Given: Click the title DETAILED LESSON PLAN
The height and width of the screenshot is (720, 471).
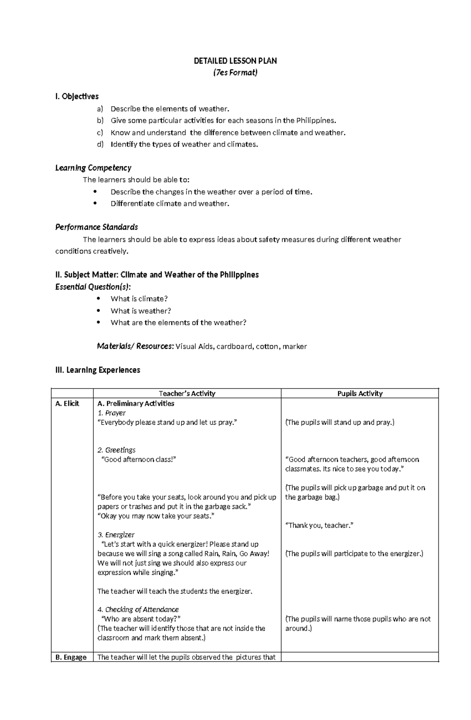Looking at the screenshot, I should [x=235, y=61].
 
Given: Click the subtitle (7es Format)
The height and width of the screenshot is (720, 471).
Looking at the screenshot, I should [x=235, y=73].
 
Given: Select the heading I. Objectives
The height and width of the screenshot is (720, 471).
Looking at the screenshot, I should [x=77, y=97].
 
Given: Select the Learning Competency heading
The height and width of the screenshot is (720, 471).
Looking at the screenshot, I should [x=93, y=168].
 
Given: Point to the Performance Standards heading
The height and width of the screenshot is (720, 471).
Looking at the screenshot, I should [x=97, y=227].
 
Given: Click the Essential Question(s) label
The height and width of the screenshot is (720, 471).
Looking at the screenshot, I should [x=93, y=287].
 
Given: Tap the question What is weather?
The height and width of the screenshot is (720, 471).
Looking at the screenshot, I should [x=141, y=311].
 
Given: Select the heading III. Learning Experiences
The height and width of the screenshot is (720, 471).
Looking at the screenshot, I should [x=98, y=370].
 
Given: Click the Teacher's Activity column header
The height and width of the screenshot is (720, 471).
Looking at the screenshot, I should [x=187, y=394].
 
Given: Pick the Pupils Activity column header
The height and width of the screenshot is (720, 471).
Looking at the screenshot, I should [x=360, y=394].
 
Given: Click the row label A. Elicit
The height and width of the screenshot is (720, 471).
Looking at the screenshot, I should [x=67, y=403].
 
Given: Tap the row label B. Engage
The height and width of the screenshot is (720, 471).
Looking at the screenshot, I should [x=71, y=657].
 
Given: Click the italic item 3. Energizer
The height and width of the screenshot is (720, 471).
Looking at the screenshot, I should [x=116, y=535].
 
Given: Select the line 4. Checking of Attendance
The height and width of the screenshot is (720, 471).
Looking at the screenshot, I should [x=138, y=610].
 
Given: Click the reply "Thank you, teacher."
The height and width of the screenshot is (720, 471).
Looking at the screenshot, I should [x=319, y=525].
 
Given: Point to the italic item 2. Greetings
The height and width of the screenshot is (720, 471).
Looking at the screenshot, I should [x=116, y=450].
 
